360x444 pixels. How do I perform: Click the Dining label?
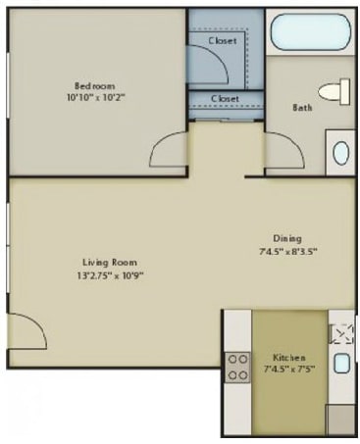[287, 238]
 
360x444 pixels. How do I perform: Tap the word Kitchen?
[288, 358]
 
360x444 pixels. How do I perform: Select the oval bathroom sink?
[339, 153]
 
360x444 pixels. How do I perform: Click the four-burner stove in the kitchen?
[237, 367]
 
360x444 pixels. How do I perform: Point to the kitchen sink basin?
[340, 364]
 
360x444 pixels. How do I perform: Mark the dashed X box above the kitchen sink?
[340, 333]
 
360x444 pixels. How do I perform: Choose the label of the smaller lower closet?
[225, 99]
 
